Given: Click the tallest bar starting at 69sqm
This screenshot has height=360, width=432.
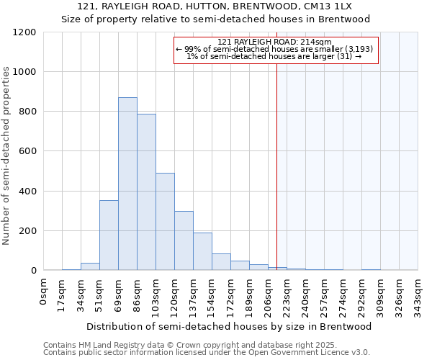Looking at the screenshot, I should coord(127,184).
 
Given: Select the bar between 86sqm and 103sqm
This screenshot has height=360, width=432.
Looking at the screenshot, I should coord(146,192).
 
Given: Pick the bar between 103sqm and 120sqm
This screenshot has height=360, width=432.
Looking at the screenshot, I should coord(165,222).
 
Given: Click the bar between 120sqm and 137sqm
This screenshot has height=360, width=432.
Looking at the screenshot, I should coord(184,240).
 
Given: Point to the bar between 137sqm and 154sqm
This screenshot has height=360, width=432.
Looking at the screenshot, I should coord(202,251).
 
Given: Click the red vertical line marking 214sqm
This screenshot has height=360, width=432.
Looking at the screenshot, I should coord(276,166).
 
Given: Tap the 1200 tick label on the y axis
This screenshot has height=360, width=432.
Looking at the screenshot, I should coord(24,32).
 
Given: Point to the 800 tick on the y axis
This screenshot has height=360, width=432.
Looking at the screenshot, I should coord(27,112).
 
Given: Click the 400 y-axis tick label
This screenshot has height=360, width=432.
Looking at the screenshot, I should coord(27,192).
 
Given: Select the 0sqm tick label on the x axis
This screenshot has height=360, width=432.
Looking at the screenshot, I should coord(44,292).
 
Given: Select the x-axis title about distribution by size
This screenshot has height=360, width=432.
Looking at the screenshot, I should coord(230,326).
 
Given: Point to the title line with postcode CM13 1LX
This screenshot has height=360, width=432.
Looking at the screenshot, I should coord(216,6).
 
